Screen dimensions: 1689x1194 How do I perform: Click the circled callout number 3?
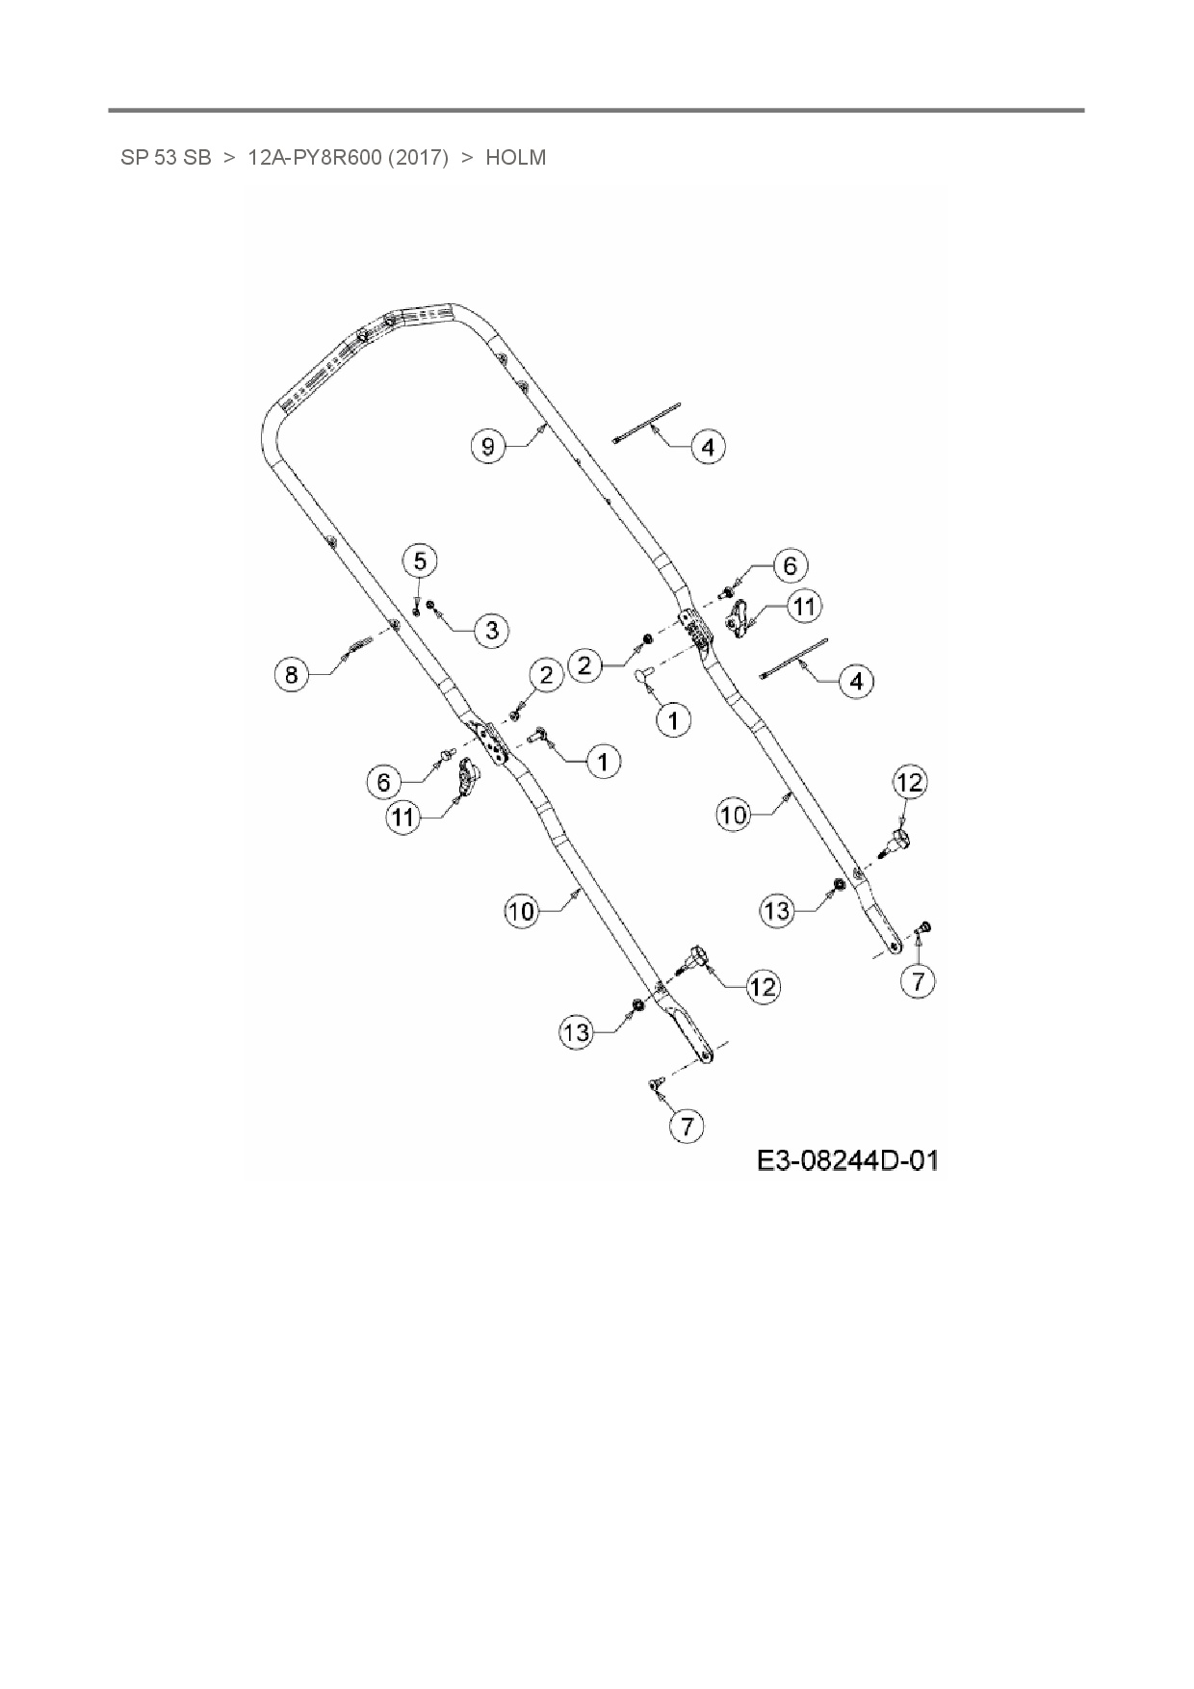click(x=492, y=630)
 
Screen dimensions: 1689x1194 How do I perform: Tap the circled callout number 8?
click(x=292, y=674)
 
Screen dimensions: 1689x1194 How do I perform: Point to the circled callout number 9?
click(x=488, y=446)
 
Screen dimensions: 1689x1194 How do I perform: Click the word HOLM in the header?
click(x=515, y=157)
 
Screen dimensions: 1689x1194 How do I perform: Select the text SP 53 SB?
click(x=166, y=157)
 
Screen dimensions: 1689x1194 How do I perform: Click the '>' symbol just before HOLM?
click(x=466, y=157)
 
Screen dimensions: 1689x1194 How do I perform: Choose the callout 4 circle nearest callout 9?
click(x=708, y=447)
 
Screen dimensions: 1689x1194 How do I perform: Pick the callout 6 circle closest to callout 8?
click(x=383, y=781)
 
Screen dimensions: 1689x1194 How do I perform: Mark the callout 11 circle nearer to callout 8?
click(x=403, y=818)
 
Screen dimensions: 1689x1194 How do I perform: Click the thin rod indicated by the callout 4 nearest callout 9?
click(x=646, y=423)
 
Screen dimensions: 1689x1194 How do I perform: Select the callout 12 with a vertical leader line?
click(x=909, y=782)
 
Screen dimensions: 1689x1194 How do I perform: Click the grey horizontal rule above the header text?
click(x=596, y=111)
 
